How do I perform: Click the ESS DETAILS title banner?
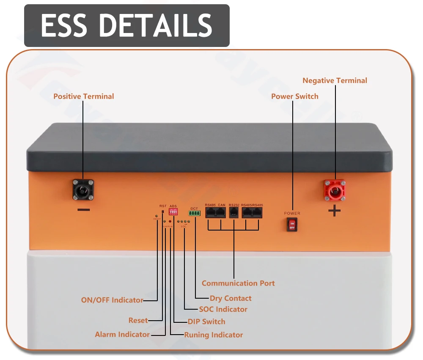[x=126, y=25]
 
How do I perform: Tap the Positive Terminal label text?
[x=83, y=96]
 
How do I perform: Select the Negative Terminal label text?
[x=335, y=80]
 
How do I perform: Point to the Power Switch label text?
[x=294, y=96]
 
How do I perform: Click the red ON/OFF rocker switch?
[x=292, y=225]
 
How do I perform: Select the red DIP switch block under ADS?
[x=173, y=212]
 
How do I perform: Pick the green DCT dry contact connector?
[x=194, y=213]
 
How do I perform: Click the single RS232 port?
[x=233, y=212]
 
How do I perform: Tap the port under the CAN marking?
[x=221, y=212]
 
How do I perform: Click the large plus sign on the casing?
[x=334, y=210]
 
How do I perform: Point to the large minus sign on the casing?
[x=84, y=210]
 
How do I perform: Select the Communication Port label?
[x=238, y=283]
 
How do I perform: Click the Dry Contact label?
[x=231, y=298]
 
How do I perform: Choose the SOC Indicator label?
[x=223, y=309]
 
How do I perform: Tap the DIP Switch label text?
[x=206, y=322]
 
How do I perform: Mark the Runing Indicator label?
[x=214, y=335]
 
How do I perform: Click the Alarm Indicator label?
[x=122, y=335]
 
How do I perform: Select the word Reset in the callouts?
[x=138, y=320]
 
